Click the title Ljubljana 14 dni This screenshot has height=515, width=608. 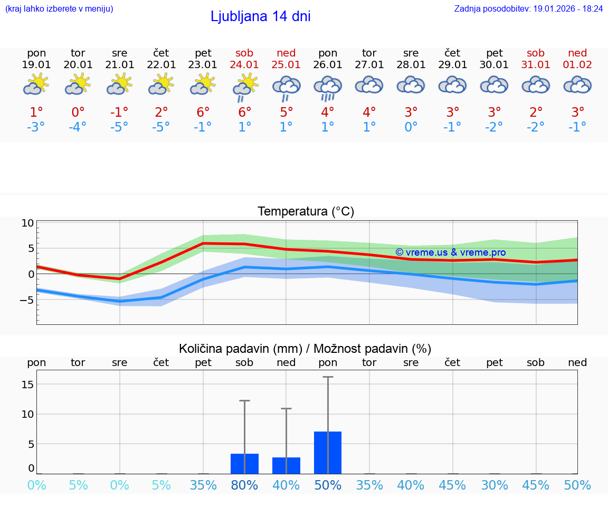click(x=260, y=16)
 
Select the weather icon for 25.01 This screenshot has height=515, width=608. click(x=286, y=88)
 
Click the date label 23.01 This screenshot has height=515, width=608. click(x=203, y=64)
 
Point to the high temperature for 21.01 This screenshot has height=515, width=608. click(x=119, y=112)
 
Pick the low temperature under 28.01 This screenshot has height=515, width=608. click(x=411, y=127)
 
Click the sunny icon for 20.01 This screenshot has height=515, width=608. click(x=78, y=84)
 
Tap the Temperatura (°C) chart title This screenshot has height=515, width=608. click(x=306, y=211)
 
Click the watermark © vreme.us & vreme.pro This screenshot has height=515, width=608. click(x=450, y=252)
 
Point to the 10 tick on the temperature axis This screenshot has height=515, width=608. click(x=27, y=223)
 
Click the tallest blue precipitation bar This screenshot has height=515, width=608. click(x=328, y=453)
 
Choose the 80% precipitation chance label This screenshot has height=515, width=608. click(x=244, y=485)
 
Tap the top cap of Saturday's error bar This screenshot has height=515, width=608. click(x=244, y=401)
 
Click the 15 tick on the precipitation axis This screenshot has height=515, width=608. click(x=27, y=385)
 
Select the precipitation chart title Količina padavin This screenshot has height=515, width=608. click(x=305, y=349)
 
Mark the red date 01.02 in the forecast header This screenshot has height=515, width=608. click(x=577, y=64)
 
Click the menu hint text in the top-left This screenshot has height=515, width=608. click(x=59, y=8)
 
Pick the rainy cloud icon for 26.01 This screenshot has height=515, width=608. click(x=328, y=88)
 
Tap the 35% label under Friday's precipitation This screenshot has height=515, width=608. click(x=203, y=485)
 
